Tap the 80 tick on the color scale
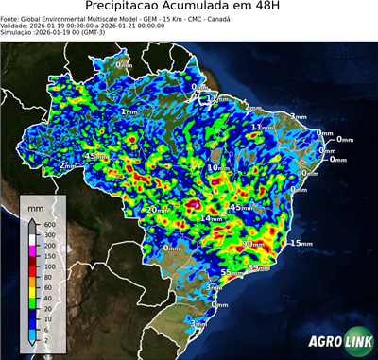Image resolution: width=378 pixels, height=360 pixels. click(x=48, y=276)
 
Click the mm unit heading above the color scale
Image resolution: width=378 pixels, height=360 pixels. click(x=37, y=205)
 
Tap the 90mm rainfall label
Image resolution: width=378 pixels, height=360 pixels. click(x=252, y=243)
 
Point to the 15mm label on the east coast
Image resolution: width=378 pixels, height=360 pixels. click(x=300, y=243)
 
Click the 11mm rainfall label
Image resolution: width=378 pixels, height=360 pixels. click(x=262, y=126)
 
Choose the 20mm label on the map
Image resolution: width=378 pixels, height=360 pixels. click(x=156, y=209)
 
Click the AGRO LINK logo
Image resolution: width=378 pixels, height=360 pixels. click(x=339, y=341)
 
